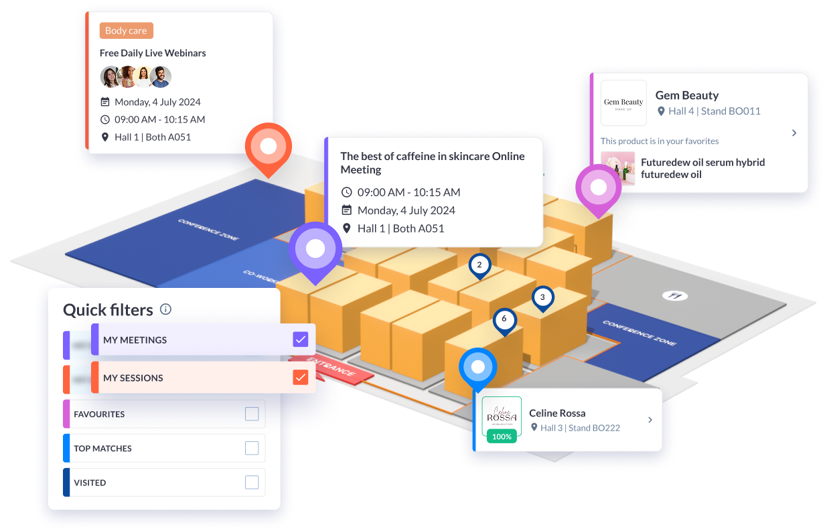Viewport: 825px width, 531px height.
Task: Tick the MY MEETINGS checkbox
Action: pyautogui.click(x=301, y=339)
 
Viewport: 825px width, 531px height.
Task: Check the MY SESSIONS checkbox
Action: pyautogui.click(x=301, y=378)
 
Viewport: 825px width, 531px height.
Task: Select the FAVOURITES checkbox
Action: pyautogui.click(x=252, y=414)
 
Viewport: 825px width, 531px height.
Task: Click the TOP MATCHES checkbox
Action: pyautogui.click(x=252, y=448)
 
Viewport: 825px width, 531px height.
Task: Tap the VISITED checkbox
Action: pyautogui.click(x=252, y=482)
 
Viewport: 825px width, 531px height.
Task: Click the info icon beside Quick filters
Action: pyautogui.click(x=166, y=309)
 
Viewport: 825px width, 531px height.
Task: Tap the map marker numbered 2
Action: pyautogui.click(x=479, y=265)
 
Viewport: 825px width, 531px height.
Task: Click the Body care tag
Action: pyautogui.click(x=126, y=31)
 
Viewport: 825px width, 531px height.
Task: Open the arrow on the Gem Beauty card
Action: pyautogui.click(x=794, y=133)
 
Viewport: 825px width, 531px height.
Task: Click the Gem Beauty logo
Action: pyautogui.click(x=623, y=102)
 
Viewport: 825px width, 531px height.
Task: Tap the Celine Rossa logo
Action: pyautogui.click(x=502, y=415)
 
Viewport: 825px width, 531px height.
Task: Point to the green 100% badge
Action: pyautogui.click(x=502, y=437)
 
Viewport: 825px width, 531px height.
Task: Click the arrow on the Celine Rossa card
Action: pyautogui.click(x=650, y=420)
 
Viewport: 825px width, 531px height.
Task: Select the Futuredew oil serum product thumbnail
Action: pyautogui.click(x=617, y=168)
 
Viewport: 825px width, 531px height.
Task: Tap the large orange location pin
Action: pyautogui.click(x=268, y=147)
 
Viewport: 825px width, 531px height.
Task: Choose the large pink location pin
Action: pyautogui.click(x=598, y=189)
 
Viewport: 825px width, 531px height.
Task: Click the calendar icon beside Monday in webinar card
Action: pyautogui.click(x=104, y=102)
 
